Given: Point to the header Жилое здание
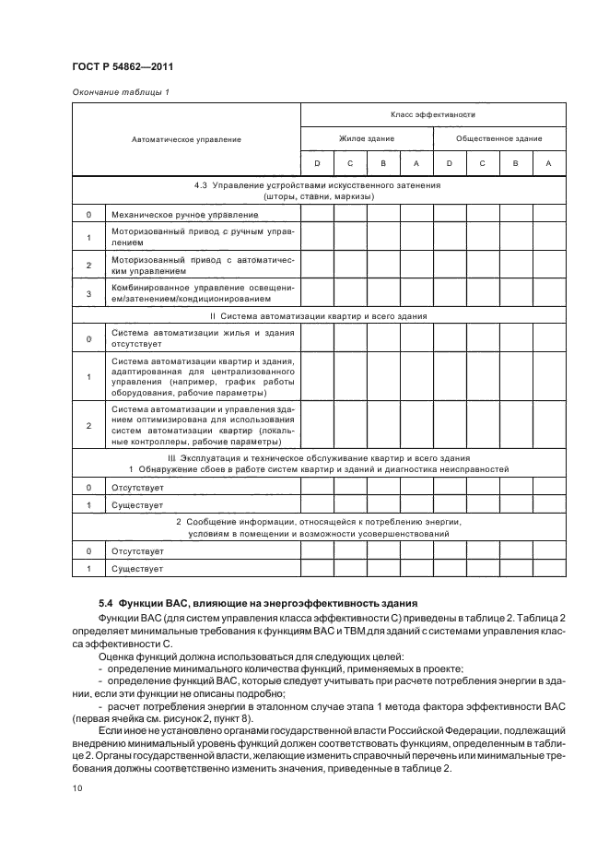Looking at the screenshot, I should point(367,138).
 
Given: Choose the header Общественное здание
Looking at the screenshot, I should point(498,138).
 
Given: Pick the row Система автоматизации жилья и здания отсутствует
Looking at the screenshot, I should point(202,338).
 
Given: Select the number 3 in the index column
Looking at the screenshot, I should point(88,293).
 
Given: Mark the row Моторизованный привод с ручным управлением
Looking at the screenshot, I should point(202,237).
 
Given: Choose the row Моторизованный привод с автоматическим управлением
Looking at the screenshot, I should point(202,266).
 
